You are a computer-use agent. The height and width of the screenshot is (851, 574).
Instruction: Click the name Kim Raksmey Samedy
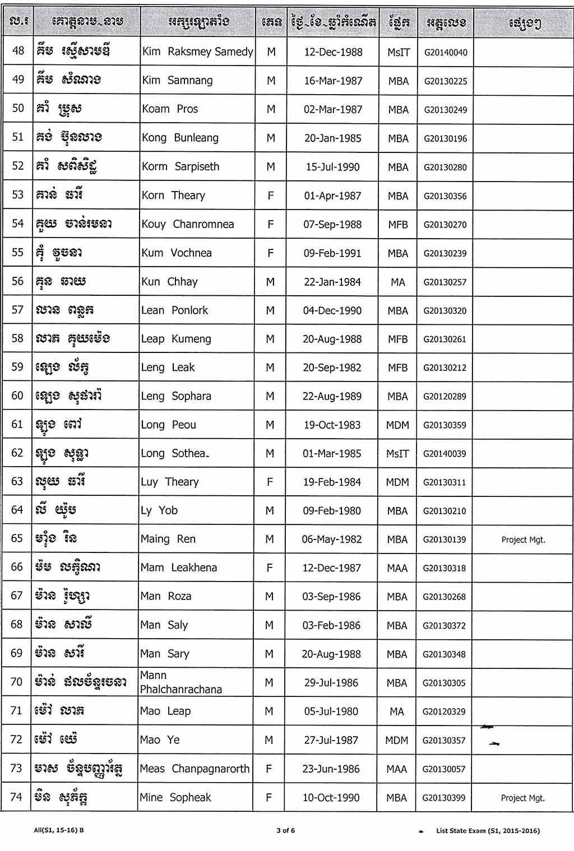click(197, 52)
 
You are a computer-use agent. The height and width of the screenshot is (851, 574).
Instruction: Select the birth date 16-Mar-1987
click(333, 81)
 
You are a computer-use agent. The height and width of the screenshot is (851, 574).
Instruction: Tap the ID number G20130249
click(445, 110)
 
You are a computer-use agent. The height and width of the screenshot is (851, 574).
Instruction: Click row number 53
click(18, 195)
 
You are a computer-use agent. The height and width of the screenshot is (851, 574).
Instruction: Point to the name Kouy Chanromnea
click(187, 224)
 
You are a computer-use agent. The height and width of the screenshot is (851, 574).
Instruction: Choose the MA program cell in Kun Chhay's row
click(397, 282)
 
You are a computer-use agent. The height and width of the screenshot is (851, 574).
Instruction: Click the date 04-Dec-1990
click(332, 310)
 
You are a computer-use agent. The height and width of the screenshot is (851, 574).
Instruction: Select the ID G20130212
click(445, 368)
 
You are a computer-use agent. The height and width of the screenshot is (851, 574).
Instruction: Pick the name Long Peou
click(168, 425)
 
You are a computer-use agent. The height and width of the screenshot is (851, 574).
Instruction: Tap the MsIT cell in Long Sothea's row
click(397, 454)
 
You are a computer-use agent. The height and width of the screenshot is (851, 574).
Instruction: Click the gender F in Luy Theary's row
click(270, 482)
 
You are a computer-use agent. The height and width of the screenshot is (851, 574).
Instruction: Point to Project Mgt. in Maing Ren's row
click(523, 540)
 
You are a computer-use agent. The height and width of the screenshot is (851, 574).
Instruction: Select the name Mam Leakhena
click(178, 568)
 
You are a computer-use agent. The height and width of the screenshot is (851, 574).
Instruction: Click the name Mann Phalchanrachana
click(180, 682)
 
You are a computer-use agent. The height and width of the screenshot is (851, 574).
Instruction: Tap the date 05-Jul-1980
click(331, 712)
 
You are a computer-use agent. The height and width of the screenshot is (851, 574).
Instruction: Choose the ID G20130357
click(444, 741)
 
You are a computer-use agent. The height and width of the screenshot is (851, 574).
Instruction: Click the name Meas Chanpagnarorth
click(195, 769)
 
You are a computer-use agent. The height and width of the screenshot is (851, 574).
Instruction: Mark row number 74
click(16, 797)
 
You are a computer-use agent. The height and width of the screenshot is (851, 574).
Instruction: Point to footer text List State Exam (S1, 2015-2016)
click(488, 831)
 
